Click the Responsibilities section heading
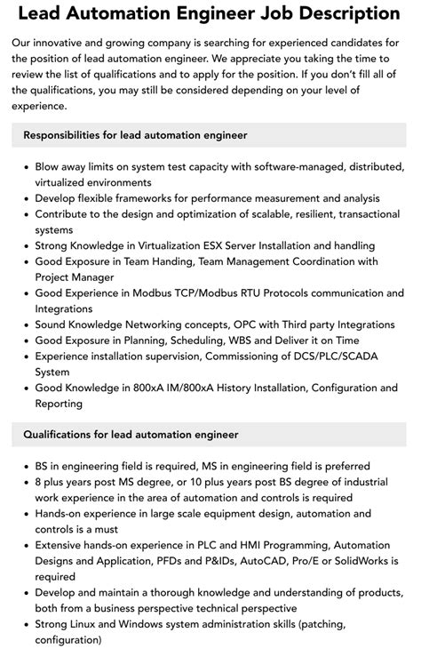(135, 134)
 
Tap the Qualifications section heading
(131, 434)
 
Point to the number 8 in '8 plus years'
(39, 482)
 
